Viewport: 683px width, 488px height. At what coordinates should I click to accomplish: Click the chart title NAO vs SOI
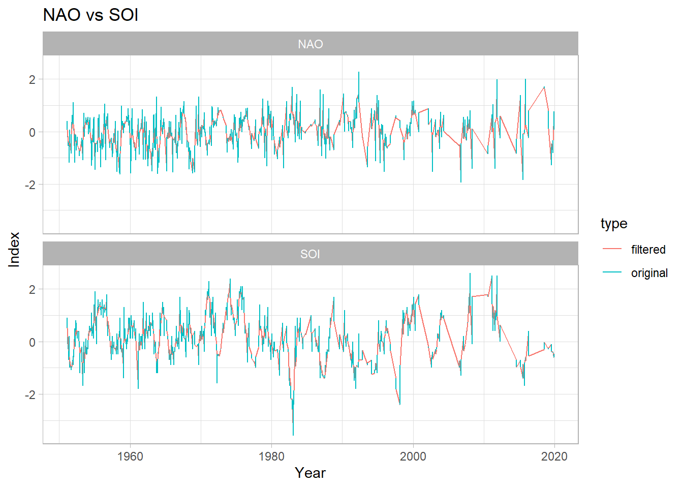coord(90,15)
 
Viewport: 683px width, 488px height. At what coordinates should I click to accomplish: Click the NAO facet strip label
coord(310,44)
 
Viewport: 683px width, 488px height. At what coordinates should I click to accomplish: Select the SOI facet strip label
coord(310,254)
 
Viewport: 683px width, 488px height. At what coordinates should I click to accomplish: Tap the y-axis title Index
coord(14,249)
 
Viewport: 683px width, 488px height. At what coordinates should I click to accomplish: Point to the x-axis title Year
coord(310,473)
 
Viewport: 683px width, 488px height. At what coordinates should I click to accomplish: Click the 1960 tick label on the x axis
coord(130,456)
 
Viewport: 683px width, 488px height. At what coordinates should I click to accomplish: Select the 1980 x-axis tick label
coord(271,456)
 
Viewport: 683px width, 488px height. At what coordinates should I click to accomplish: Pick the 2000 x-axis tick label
coord(413,456)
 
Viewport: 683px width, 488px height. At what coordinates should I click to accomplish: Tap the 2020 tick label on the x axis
coord(554,456)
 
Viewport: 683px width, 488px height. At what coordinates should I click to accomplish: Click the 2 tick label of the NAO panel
coord(33,79)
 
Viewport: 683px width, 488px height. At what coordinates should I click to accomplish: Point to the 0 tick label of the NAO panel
coord(33,132)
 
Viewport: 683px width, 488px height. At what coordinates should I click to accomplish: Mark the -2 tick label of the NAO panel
coord(30,185)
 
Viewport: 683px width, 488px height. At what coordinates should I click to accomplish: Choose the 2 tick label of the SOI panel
coord(33,290)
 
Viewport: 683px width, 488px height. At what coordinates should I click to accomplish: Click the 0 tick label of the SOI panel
coord(33,342)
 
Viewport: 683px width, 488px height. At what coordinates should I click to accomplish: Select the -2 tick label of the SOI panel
coord(30,395)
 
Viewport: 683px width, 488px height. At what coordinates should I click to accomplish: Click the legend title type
coord(614,224)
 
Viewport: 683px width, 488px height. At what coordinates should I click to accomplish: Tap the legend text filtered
coord(648,250)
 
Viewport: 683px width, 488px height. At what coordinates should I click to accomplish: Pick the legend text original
coord(649,273)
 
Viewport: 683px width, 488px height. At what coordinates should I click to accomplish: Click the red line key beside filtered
coord(612,249)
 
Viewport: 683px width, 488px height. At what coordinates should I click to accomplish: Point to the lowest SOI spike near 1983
coord(293,434)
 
